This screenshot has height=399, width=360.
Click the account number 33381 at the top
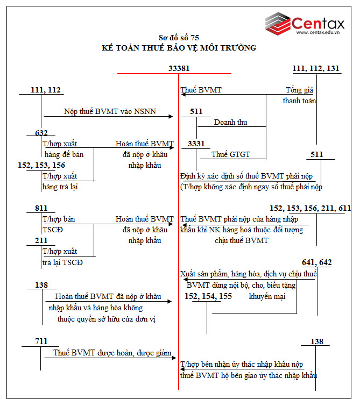179,69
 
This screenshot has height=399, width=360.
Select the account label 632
41,133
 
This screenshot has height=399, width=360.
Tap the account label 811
41,208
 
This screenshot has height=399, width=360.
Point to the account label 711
41,341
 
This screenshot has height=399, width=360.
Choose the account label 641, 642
316,262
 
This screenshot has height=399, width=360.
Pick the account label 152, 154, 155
208,296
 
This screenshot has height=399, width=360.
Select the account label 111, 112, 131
315,69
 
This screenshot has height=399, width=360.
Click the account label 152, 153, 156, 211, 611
310,208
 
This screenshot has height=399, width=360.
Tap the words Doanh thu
230,123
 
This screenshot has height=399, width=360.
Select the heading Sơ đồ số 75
179,38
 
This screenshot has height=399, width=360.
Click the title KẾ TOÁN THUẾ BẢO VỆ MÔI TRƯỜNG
179,48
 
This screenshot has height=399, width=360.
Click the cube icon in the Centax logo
277,23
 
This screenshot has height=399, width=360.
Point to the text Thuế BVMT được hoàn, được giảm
112,353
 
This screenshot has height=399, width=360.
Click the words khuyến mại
266,296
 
